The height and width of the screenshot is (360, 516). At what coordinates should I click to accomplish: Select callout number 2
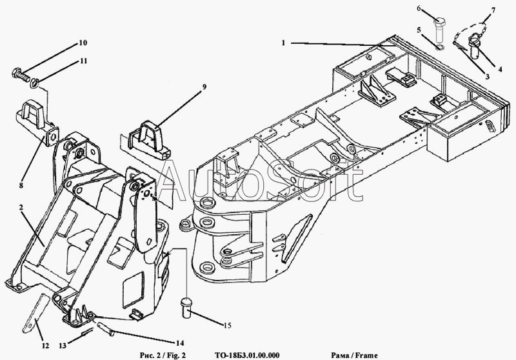tap(21, 208)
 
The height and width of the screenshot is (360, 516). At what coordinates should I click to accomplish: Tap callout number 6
tap(418, 8)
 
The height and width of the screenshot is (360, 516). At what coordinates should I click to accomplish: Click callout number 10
tap(83, 43)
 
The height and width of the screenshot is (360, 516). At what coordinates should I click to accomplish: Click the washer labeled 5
tap(439, 46)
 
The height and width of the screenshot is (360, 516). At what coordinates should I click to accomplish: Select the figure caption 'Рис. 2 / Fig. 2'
tap(162, 354)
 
